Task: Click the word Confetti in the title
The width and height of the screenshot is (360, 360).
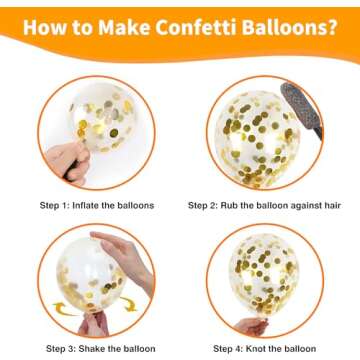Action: (x=197, y=27)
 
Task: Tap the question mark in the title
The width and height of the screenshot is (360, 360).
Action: (x=330, y=27)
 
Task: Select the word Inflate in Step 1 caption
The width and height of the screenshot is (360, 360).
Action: (x=85, y=205)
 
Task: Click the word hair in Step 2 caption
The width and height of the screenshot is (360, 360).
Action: (x=332, y=205)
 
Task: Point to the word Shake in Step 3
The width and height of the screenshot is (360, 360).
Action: (x=91, y=349)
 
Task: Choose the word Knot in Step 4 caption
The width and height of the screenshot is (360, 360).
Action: (x=255, y=349)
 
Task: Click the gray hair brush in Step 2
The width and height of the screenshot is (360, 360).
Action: (x=302, y=109)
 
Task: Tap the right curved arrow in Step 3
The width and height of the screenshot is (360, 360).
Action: (x=129, y=304)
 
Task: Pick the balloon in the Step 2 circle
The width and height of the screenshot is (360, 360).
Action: (x=257, y=139)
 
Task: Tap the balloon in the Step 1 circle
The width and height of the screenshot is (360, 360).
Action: (x=103, y=117)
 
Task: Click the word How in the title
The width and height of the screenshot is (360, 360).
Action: (x=44, y=27)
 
